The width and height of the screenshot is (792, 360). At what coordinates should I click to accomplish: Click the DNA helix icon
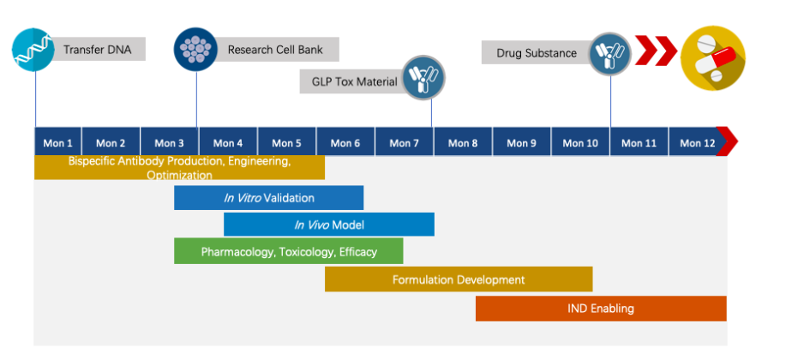coord(33,49)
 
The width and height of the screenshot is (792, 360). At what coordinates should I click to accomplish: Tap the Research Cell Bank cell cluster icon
coord(195,49)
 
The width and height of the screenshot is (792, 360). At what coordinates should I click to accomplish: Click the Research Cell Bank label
coord(275,50)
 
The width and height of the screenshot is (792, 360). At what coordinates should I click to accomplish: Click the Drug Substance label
coord(536,53)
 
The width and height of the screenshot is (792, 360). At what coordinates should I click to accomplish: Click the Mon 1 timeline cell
coord(57,143)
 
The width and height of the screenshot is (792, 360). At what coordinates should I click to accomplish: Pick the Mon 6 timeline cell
coord(345,143)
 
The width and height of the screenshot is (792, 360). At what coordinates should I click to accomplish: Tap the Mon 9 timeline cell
coord(521,143)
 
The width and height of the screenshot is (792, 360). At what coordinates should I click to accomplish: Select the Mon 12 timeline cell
coord(696,143)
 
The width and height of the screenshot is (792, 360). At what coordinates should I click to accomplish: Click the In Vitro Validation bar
coord(268,198)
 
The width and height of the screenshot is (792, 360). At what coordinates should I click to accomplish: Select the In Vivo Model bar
coord(328,225)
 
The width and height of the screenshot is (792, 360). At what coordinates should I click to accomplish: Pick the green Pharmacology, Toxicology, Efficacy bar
coord(288,251)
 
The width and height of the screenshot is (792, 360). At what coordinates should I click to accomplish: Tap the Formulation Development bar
coord(459,279)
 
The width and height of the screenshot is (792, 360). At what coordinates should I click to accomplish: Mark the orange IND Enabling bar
coord(600,308)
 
